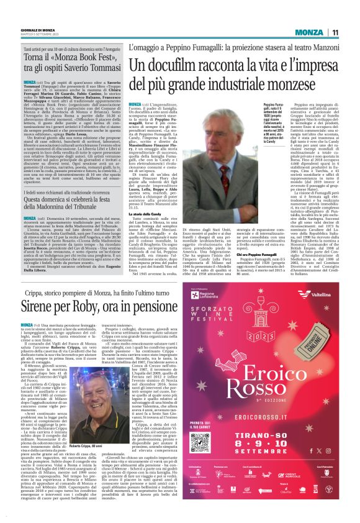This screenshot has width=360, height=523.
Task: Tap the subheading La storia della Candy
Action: pos(147,196)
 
